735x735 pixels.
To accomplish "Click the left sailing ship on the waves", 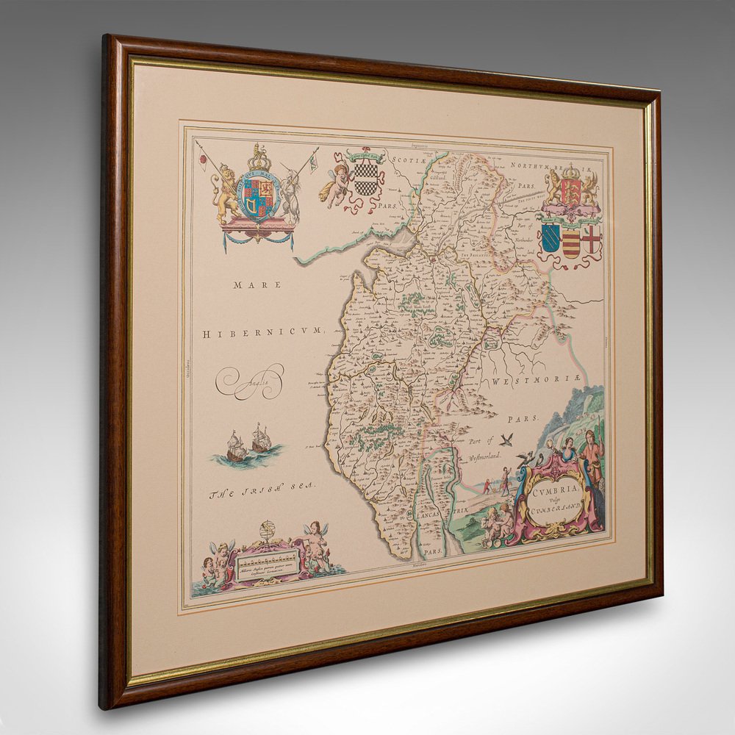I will coord(236,445).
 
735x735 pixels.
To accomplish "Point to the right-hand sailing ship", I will coord(261,438).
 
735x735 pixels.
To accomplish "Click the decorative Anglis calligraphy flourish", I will coord(253,380).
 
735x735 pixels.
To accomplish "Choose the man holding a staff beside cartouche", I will coord(590,460).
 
